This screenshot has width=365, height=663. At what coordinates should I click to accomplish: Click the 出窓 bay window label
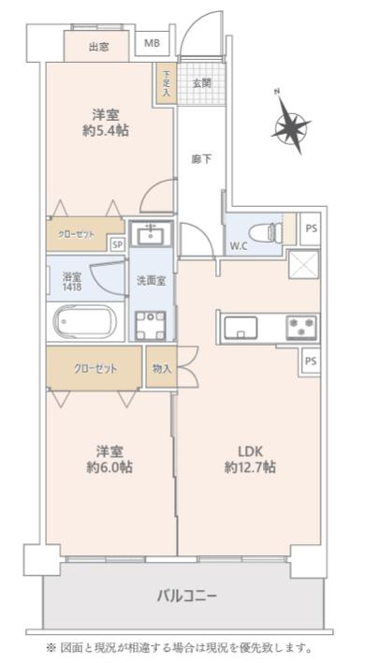click(100, 45)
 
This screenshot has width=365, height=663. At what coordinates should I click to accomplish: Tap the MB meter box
click(151, 44)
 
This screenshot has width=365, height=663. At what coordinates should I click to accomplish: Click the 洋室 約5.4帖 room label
click(104, 124)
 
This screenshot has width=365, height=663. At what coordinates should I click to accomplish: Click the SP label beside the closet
click(117, 244)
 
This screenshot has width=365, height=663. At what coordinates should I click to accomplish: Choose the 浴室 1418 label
click(71, 282)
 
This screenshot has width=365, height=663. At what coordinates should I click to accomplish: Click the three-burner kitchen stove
click(300, 327)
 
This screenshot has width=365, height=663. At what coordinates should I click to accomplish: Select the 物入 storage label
click(161, 368)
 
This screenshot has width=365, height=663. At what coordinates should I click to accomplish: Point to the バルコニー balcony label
click(186, 596)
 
